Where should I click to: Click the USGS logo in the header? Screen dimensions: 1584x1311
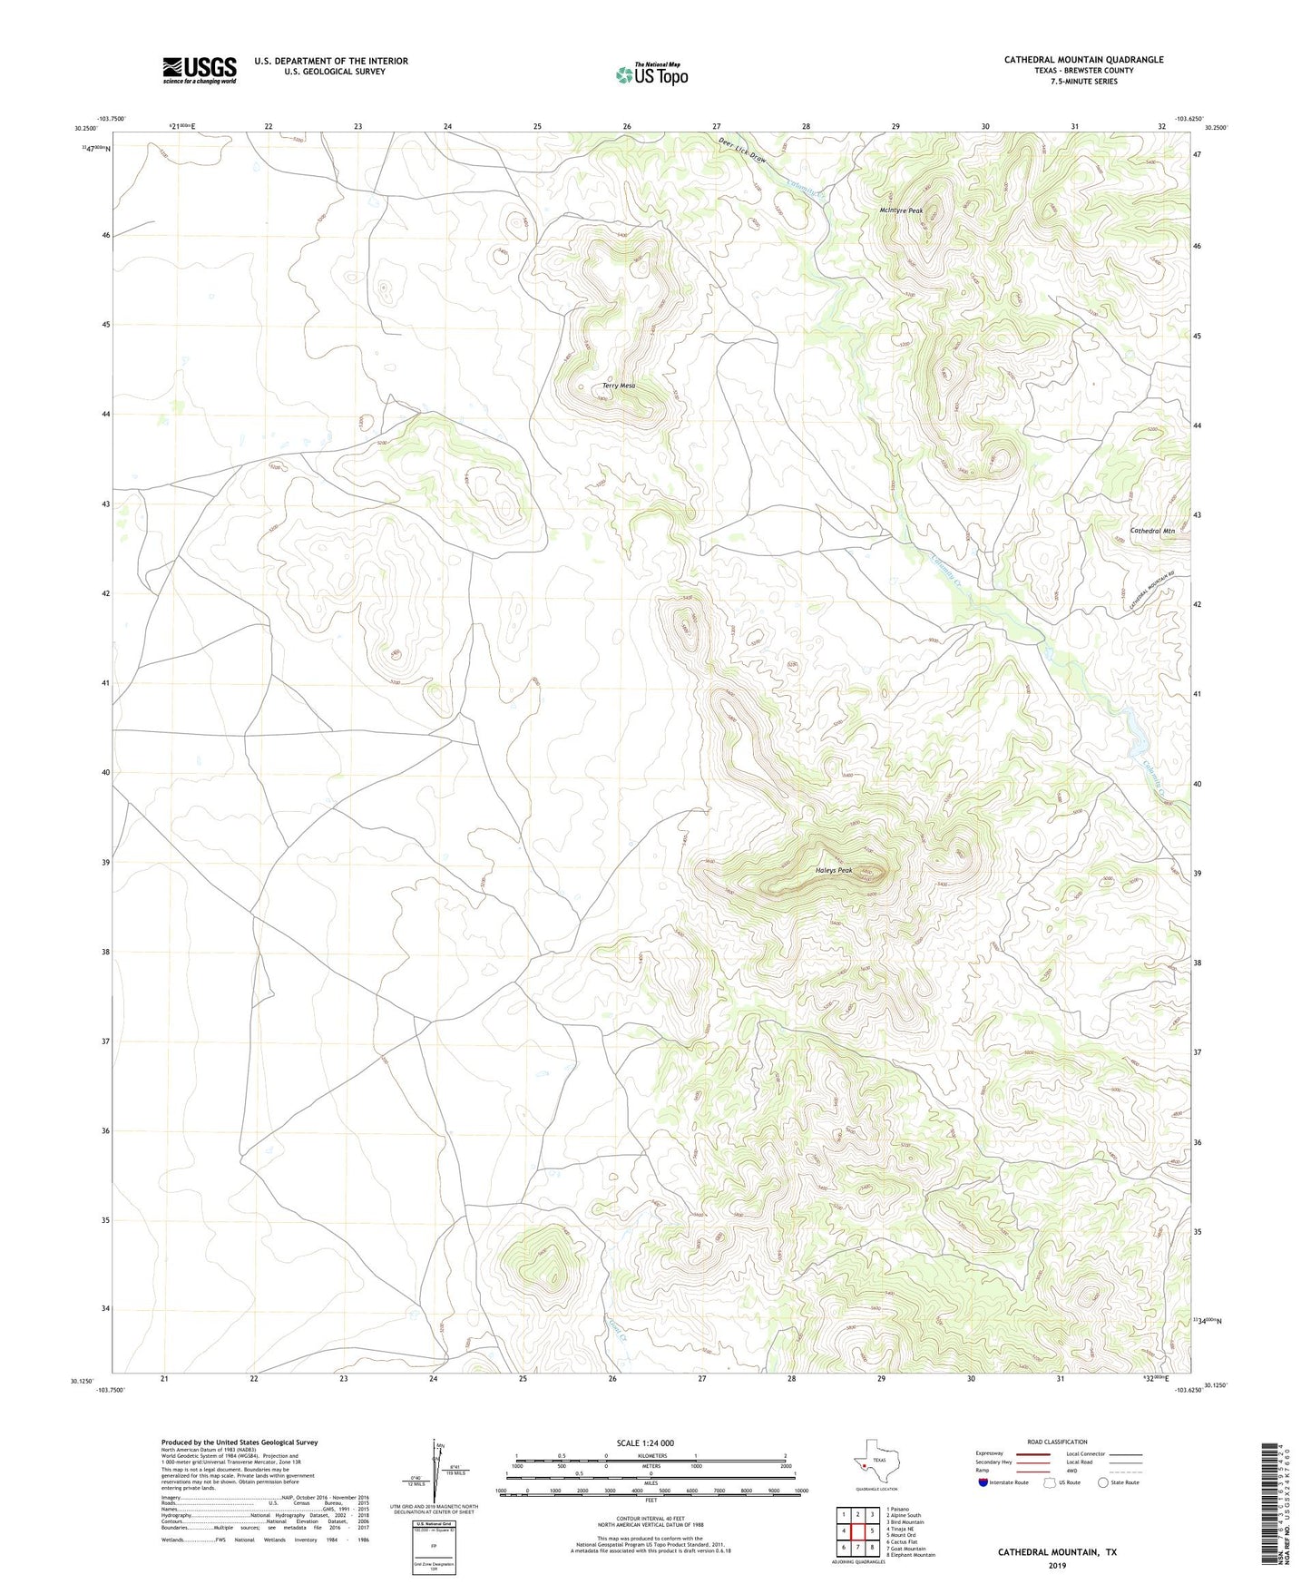pyautogui.click(x=200, y=70)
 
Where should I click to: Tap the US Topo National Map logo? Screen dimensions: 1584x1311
pyautogui.click(x=651, y=73)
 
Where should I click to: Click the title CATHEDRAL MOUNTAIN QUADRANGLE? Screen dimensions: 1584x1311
pyautogui.click(x=1083, y=60)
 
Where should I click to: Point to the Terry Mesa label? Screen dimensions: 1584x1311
pyautogui.click(x=619, y=386)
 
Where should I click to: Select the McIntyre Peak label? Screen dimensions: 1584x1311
pyautogui.click(x=901, y=210)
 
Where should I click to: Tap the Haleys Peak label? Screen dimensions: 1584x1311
pyautogui.click(x=834, y=870)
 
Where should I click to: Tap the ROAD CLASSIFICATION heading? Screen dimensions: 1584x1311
pyautogui.click(x=1057, y=1442)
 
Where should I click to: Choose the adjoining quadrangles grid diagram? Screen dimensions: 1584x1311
pyautogui.click(x=857, y=1531)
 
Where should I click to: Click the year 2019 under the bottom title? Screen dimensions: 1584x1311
pyautogui.click(x=1057, y=1565)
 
